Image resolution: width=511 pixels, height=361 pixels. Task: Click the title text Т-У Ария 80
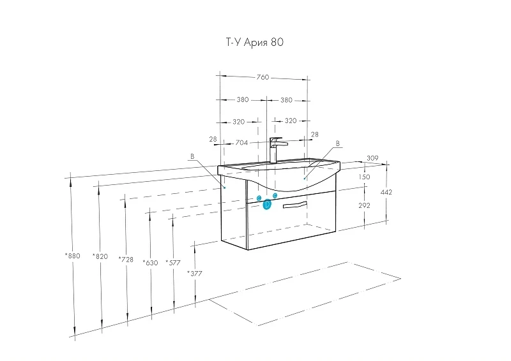pyautogui.click(x=254, y=42)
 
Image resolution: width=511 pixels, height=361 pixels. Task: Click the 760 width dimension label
pyautogui.click(x=263, y=77)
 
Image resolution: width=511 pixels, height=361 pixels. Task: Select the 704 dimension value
pyautogui.click(x=241, y=143)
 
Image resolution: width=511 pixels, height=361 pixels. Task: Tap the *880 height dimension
pyautogui.click(x=72, y=256)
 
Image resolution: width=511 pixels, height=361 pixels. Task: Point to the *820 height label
pyautogui.click(x=100, y=256)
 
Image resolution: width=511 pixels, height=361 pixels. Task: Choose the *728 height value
pyautogui.click(x=126, y=260)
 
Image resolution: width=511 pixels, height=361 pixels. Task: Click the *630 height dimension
pyautogui.click(x=150, y=263)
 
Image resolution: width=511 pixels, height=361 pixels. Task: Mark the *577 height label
pyautogui.click(x=173, y=263)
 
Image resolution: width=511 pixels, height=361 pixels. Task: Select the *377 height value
pyautogui.click(x=195, y=274)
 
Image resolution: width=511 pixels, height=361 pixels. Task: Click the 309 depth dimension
pyautogui.click(x=372, y=158)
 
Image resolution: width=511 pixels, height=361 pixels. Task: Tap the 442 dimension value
pyautogui.click(x=386, y=193)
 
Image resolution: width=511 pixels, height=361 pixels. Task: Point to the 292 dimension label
pyautogui.click(x=364, y=205)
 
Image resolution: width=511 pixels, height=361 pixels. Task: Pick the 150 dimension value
pyautogui.click(x=364, y=177)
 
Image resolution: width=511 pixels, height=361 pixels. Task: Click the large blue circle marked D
pyautogui.click(x=267, y=205)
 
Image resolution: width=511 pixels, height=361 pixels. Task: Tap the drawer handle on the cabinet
pyautogui.click(x=295, y=205)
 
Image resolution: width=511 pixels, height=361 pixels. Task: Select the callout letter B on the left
pyautogui.click(x=192, y=156)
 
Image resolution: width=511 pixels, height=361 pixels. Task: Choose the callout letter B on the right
pyautogui.click(x=338, y=144)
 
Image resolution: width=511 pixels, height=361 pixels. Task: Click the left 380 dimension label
pyautogui.click(x=243, y=99)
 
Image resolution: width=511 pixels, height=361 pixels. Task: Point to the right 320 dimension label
pyautogui.click(x=291, y=121)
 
